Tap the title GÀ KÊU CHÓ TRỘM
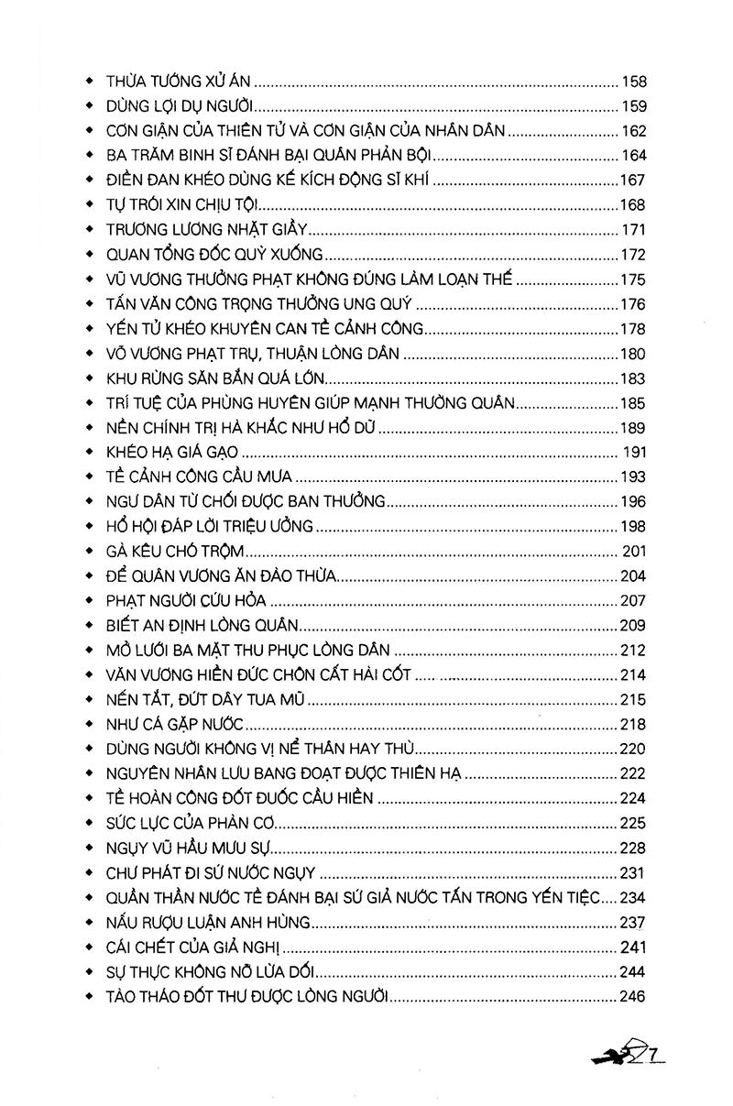tap(178, 551)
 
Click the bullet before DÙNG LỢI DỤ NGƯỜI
tap(90, 104)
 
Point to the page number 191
tap(635, 452)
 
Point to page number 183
tap(633, 377)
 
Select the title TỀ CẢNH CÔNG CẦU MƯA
tap(199, 476)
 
